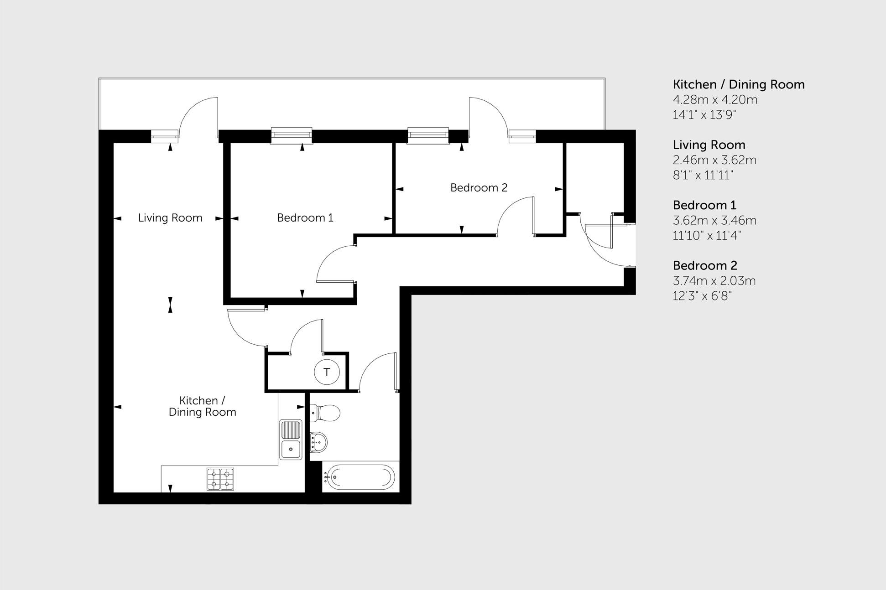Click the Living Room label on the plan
pos(170,218)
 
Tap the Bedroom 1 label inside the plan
pos(305,218)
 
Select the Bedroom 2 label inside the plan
pos(479,188)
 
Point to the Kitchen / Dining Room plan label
pos(202,406)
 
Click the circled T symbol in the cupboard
pos(327,373)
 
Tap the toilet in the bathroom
pos(325,413)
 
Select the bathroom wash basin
pos(318,442)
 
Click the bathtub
pos(360,477)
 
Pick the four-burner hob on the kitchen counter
pos(220,479)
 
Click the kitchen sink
pos(291,440)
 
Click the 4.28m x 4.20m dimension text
pos(715,100)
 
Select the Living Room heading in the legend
pos(709,145)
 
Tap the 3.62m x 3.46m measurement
pos(714,221)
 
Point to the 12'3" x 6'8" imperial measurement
pos(702,296)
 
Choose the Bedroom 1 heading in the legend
pos(704,205)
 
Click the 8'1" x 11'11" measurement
pos(703,176)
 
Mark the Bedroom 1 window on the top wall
pos(292,135)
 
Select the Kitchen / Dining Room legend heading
pos(739,85)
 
